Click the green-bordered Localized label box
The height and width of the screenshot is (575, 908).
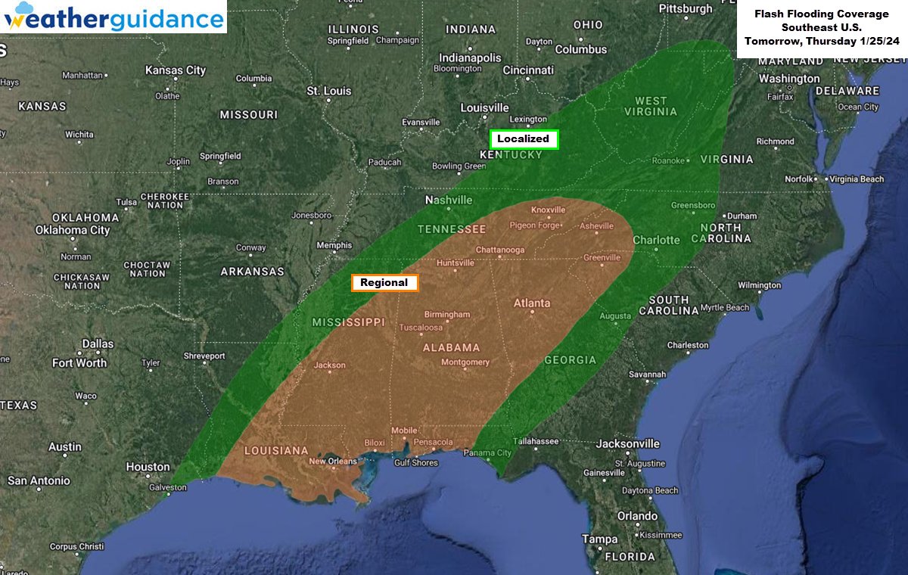tap(524, 139)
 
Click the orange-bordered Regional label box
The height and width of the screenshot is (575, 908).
tap(384, 283)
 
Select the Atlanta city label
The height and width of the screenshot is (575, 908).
tap(532, 303)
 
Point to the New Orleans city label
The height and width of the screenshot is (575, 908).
tap(333, 462)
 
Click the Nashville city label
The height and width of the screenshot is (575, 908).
tap(449, 200)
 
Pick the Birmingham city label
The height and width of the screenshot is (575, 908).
tap(446, 314)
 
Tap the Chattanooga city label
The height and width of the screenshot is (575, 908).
tap(499, 250)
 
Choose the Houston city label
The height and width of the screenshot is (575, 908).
tap(148, 467)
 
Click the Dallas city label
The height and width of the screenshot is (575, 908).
tap(98, 343)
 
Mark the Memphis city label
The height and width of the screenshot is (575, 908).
tap(334, 245)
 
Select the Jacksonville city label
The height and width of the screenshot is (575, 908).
tap(628, 443)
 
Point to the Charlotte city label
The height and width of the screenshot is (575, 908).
tap(656, 240)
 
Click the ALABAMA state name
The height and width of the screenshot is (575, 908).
tap(451, 347)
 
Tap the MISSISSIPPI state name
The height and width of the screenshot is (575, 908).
tap(349, 322)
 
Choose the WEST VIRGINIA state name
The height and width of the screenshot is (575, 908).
tap(651, 106)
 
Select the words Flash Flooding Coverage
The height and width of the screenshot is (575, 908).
tap(821, 14)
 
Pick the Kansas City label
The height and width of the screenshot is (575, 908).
tap(175, 70)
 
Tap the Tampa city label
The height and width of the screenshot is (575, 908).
tap(599, 539)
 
